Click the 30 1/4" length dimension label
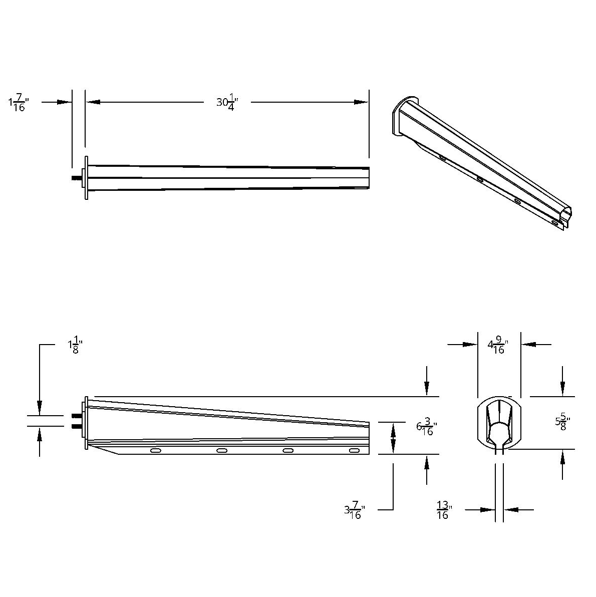pyautogui.click(x=227, y=102)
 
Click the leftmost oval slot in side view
pyautogui.click(x=156, y=451)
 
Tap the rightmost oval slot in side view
pyautogui.click(x=354, y=451)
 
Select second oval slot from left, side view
pyautogui.click(x=222, y=451)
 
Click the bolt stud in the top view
pyautogui.click(x=77, y=178)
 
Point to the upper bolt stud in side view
pyautogui.click(x=77, y=416)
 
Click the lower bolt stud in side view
pyautogui.click(x=77, y=426)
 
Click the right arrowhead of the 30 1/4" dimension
pyautogui.click(x=362, y=102)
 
